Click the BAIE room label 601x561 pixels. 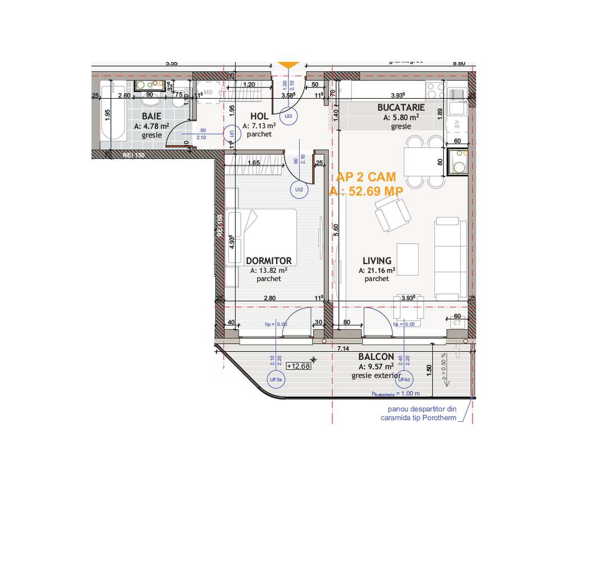coord(148,116)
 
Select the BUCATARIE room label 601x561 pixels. coord(401,107)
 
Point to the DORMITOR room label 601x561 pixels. coord(269,261)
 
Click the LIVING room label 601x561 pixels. coord(377,261)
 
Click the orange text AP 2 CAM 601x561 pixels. coord(366,177)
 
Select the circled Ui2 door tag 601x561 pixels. coord(299,190)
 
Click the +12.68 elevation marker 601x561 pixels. coord(298,366)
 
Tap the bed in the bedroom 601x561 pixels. coord(264,236)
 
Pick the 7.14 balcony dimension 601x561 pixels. coord(343,349)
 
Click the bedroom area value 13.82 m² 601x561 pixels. coord(269,270)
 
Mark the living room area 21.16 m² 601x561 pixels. coord(377,270)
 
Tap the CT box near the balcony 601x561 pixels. coord(456,324)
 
